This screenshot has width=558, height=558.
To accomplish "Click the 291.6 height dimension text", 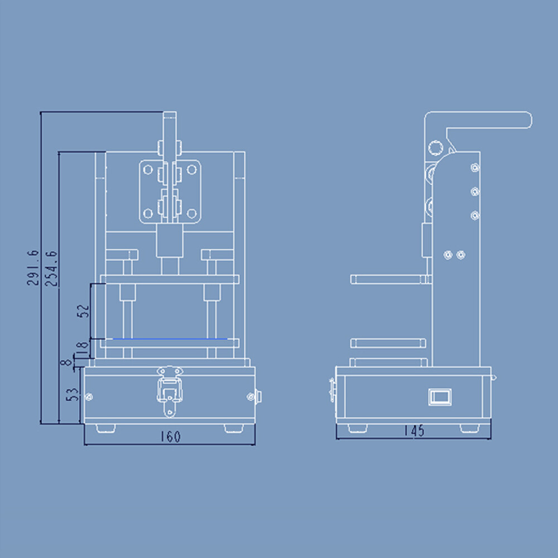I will [x=33, y=268].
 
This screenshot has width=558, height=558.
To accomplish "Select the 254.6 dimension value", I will [x=51, y=268].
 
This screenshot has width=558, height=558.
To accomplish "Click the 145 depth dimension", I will [x=413, y=431].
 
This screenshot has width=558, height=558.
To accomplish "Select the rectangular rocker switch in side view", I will [x=439, y=397].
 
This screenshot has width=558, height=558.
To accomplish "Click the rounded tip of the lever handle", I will [x=526, y=120].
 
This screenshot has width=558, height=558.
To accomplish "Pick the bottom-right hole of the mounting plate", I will [x=191, y=213].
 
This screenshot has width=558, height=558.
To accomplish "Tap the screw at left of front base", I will [x=89, y=397].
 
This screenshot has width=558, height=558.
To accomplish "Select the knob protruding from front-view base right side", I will [x=258, y=397].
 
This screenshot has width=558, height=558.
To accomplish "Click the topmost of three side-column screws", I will [x=474, y=167].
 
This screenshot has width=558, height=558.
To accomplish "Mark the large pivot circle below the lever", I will [x=435, y=147].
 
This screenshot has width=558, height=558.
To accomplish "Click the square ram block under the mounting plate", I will [x=169, y=240].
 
